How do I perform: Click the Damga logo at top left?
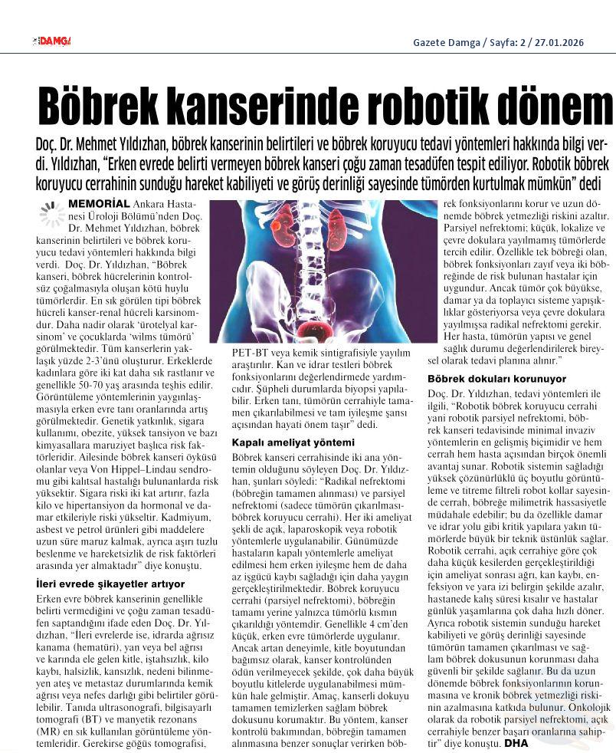51,41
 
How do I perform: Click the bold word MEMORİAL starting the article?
99,204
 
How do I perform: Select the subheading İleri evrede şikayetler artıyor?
110,585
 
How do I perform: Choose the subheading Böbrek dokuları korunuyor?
496,379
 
